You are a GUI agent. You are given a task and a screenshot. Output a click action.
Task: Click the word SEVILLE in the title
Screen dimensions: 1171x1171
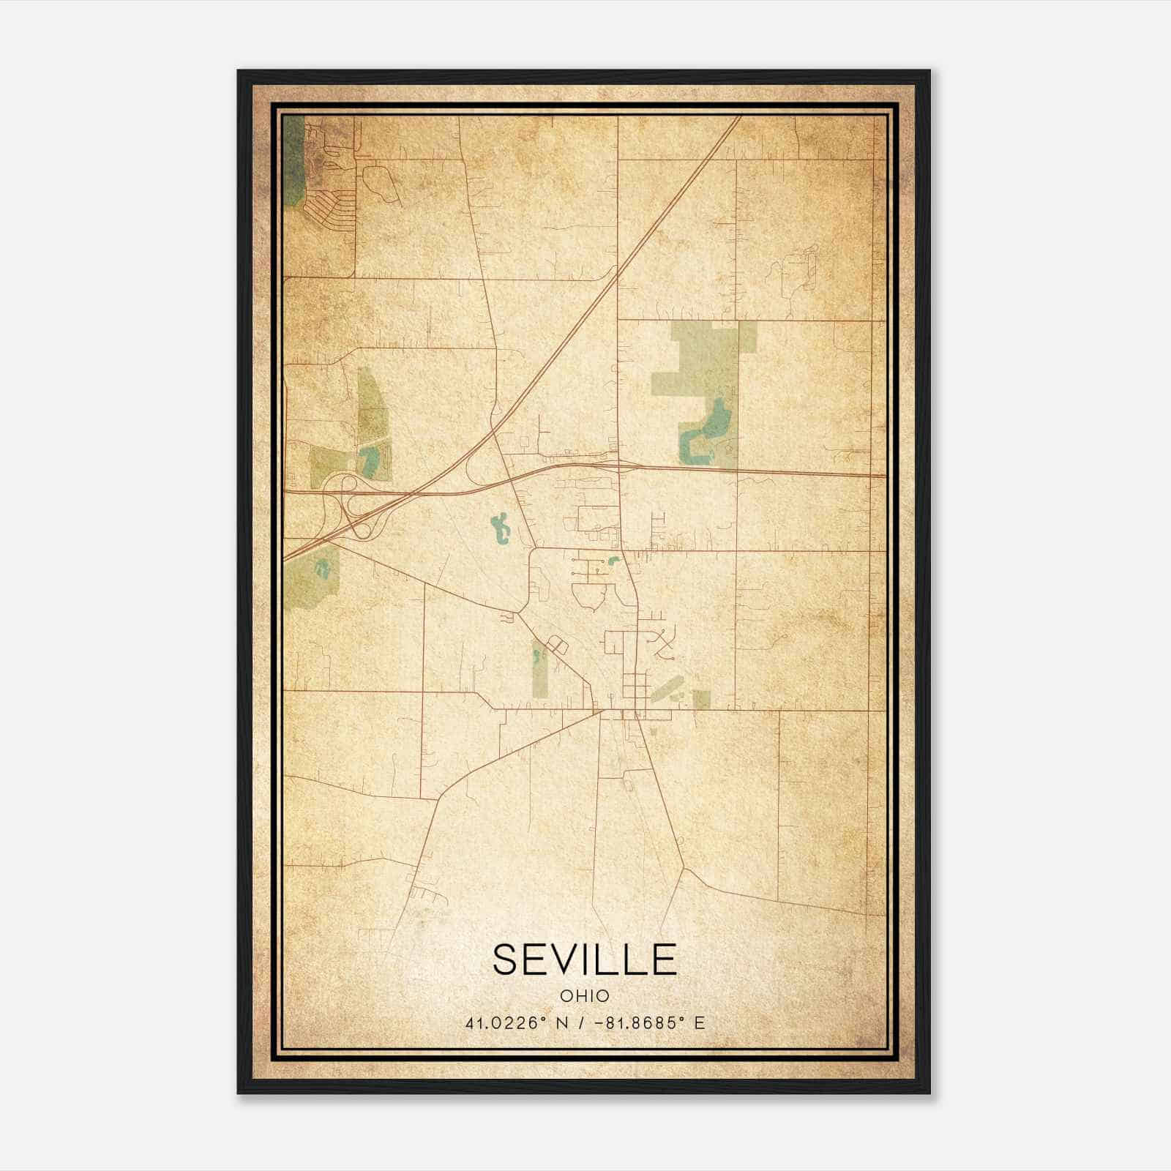[x=584, y=959]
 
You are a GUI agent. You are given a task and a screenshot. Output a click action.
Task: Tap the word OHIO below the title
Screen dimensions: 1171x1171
[x=584, y=996]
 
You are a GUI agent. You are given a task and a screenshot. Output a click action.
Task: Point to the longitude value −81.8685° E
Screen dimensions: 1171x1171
[x=650, y=1023]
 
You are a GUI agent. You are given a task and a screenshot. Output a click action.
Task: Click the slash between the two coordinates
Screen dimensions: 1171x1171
[x=580, y=1023]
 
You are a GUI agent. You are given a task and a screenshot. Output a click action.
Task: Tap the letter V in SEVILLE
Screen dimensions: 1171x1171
[x=569, y=959]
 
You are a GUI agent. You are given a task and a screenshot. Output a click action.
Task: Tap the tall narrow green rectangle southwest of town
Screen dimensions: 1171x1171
[x=539, y=668]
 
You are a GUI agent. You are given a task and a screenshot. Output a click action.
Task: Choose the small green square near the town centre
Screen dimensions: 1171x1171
[x=701, y=700]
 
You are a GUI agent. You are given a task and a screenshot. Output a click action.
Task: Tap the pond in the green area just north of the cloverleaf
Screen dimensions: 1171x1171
[x=370, y=460]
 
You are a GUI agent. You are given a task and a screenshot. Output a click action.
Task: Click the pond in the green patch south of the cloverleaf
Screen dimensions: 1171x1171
[x=321, y=569]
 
